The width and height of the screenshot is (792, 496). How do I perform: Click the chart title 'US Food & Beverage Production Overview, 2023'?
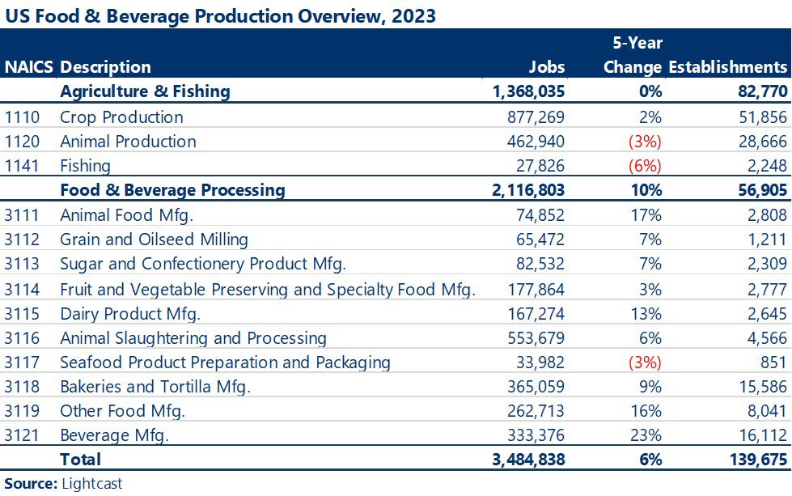(x=219, y=16)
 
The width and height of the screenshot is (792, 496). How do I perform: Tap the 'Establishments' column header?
(x=727, y=67)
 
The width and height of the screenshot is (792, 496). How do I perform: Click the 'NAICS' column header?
(x=30, y=67)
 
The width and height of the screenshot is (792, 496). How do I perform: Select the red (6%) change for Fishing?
(x=645, y=166)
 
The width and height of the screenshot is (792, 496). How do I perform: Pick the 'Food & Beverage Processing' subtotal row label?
(x=172, y=190)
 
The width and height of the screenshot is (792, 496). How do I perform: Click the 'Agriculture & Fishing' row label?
(x=145, y=91)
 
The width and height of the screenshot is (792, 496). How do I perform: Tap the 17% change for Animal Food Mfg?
(x=648, y=214)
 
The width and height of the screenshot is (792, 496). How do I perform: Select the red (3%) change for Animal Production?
(x=645, y=141)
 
